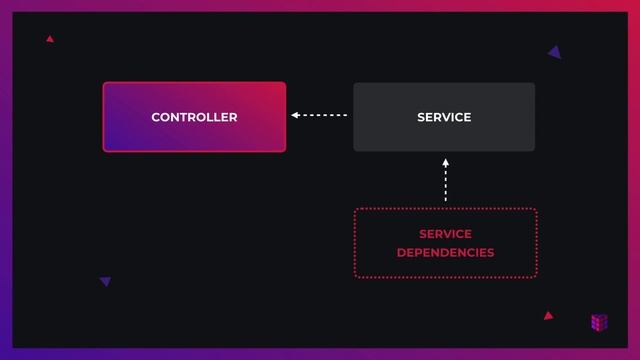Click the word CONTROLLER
click(x=194, y=117)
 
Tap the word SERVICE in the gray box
click(x=444, y=117)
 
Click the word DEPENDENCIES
click(x=445, y=253)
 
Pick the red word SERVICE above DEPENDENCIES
click(x=445, y=234)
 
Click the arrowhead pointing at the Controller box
click(x=295, y=116)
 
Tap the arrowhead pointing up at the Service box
click(x=446, y=162)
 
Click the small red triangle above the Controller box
click(x=49, y=39)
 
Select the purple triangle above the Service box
click(x=555, y=52)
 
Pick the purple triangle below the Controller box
click(x=105, y=282)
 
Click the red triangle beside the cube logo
click(x=548, y=316)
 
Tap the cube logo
click(x=599, y=322)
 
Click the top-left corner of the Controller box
click(x=105, y=84)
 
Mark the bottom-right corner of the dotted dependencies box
click(x=535, y=275)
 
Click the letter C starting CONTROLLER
click(x=156, y=117)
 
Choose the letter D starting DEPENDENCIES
click(x=401, y=253)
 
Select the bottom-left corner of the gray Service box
click(x=355, y=149)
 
